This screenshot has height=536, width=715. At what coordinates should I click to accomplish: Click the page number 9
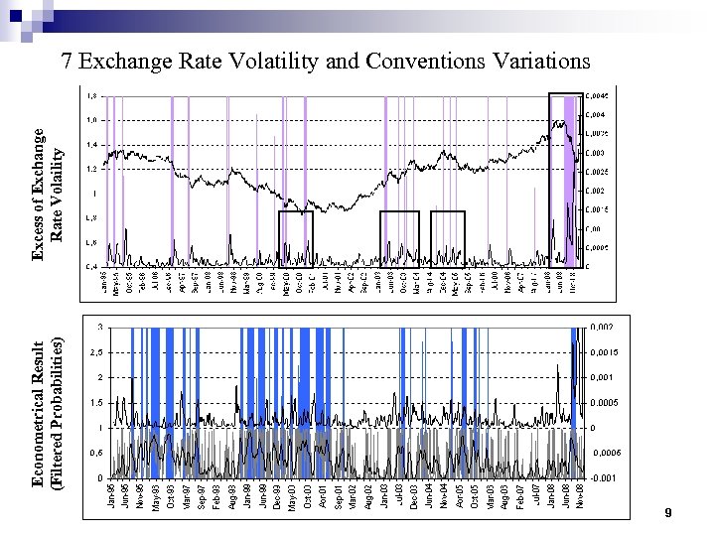(x=670, y=513)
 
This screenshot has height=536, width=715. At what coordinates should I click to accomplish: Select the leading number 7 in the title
(x=67, y=62)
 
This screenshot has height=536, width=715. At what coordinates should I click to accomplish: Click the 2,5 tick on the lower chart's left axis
(x=95, y=352)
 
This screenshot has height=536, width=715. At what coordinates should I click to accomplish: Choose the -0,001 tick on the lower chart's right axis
(x=602, y=478)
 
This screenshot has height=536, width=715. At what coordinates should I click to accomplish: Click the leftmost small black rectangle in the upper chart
(x=296, y=238)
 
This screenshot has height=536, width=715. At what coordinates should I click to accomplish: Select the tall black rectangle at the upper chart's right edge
(x=566, y=180)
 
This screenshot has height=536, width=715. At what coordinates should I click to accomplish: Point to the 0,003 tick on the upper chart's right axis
(x=594, y=153)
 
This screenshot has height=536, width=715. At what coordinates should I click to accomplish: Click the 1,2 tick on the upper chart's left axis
(x=90, y=169)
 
